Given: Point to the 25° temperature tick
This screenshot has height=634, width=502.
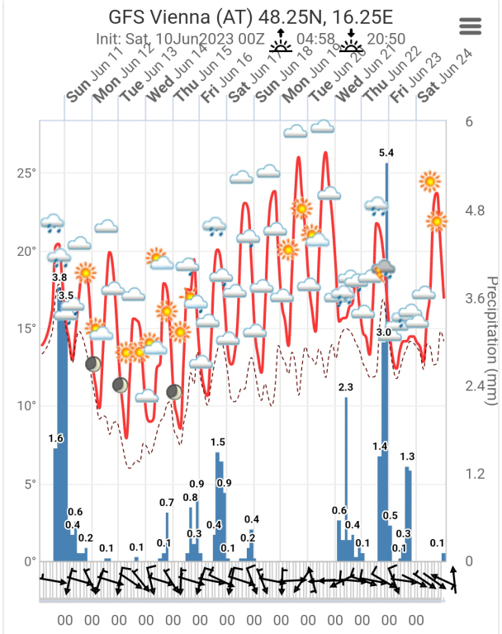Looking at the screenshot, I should (x=28, y=173).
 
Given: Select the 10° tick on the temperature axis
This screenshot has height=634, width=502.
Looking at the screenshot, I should (x=28, y=406).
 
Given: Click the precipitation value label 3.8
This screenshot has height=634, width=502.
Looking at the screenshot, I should (x=59, y=278).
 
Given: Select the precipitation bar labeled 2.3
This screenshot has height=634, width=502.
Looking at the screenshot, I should (x=346, y=479).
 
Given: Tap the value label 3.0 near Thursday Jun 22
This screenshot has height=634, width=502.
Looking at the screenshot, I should (x=383, y=333).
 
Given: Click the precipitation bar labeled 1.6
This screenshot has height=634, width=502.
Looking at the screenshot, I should (x=55, y=504).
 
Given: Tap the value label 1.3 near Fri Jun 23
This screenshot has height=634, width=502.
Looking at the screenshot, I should (x=407, y=457).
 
